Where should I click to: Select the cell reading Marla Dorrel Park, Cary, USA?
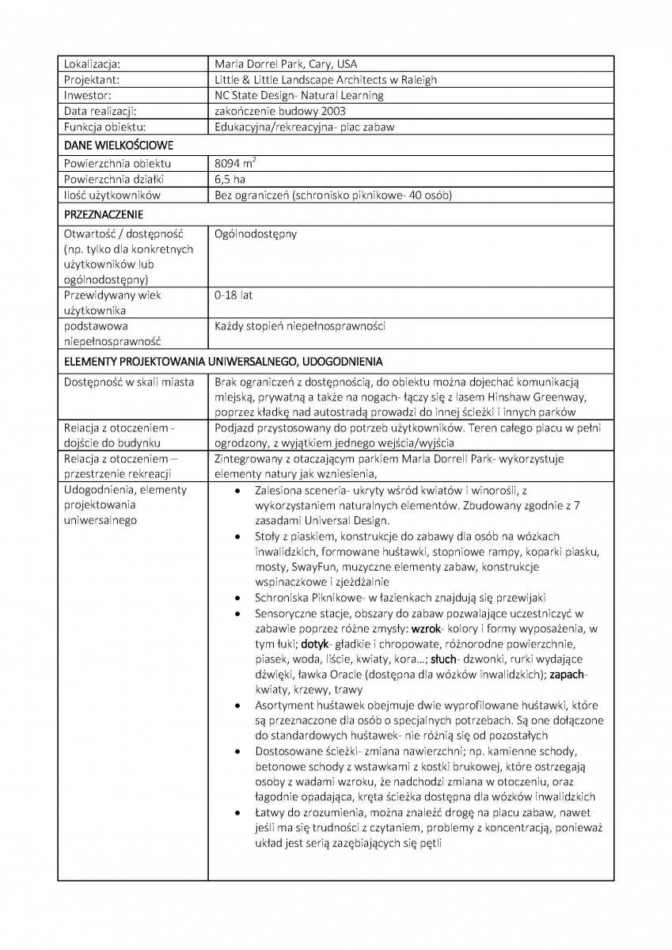pos(285,64)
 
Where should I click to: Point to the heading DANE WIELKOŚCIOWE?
pos(119,146)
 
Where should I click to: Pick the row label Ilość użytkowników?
pos(112,195)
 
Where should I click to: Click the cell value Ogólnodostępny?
pos(255,234)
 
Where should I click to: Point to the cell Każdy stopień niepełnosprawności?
pos(300,326)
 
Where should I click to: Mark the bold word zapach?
pos(568,674)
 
